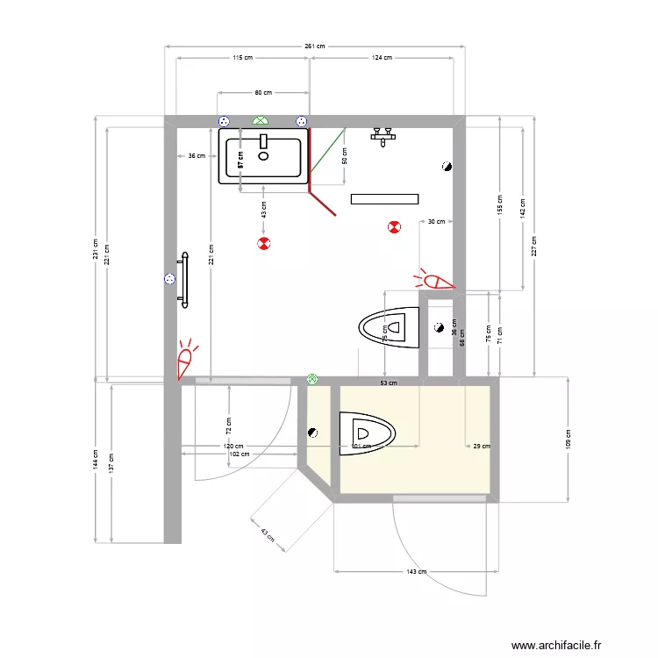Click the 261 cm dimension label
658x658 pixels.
[315, 46]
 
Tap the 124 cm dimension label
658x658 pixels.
[382, 58]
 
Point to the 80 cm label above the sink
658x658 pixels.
[262, 92]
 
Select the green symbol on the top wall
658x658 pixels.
[261, 120]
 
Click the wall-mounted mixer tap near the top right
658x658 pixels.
[384, 135]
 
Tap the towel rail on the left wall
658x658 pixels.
[185, 280]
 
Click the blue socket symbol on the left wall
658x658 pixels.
[169, 279]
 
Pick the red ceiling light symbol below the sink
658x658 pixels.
[263, 243]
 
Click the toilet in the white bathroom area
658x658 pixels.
[389, 327]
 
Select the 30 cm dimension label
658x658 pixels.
[436, 222]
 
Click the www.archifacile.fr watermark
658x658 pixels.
[557, 645]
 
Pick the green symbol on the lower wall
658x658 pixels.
[312, 379]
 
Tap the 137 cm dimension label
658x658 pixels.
[111, 461]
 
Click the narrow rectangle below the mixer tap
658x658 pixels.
[384, 199]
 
